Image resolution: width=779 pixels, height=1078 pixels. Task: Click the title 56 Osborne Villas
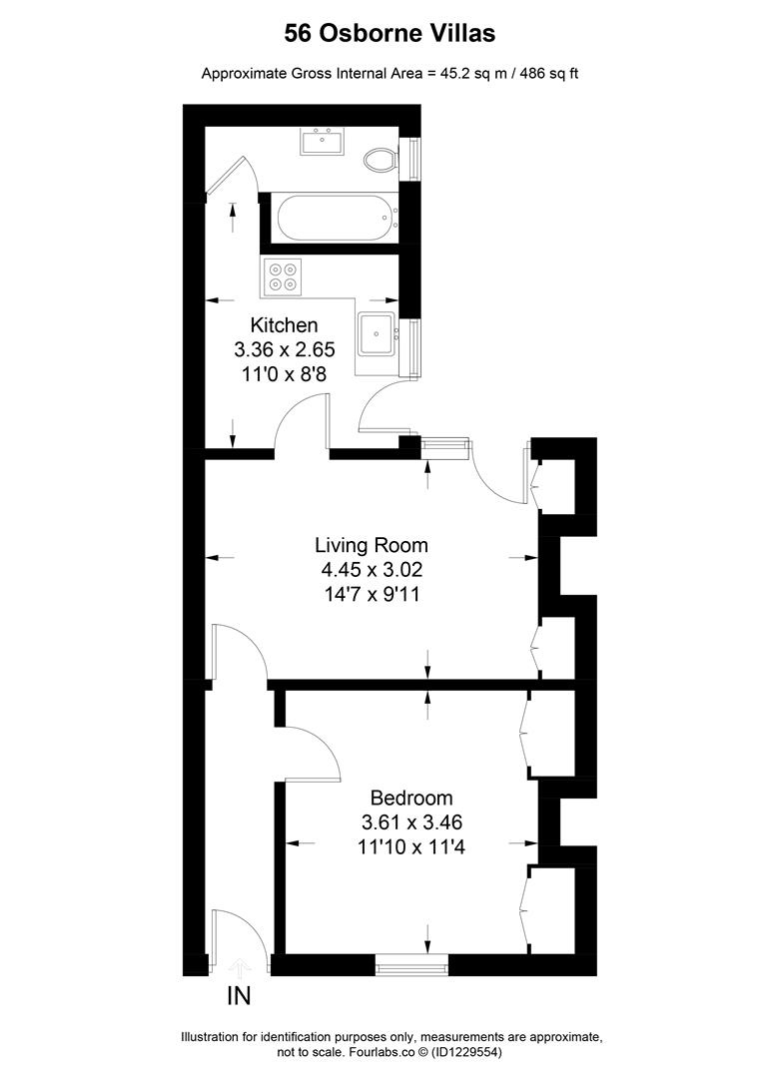(x=389, y=34)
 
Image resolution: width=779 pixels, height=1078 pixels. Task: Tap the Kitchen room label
(x=284, y=325)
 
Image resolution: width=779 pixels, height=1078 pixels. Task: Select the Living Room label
(x=372, y=545)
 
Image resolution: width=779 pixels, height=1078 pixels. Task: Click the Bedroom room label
(x=411, y=799)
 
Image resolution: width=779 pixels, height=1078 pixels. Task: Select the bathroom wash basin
(x=323, y=141)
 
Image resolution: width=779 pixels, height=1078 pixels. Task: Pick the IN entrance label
(x=239, y=995)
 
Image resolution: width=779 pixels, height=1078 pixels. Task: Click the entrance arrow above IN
(x=239, y=966)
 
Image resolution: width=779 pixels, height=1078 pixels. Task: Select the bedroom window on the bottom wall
(x=411, y=965)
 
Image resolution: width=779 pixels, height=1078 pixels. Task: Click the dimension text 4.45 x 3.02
(x=372, y=571)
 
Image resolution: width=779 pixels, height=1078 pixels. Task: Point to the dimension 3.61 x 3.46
(x=411, y=823)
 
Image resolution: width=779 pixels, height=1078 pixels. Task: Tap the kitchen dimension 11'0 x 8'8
(x=284, y=374)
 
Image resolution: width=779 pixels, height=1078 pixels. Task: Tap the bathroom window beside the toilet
(x=410, y=159)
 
